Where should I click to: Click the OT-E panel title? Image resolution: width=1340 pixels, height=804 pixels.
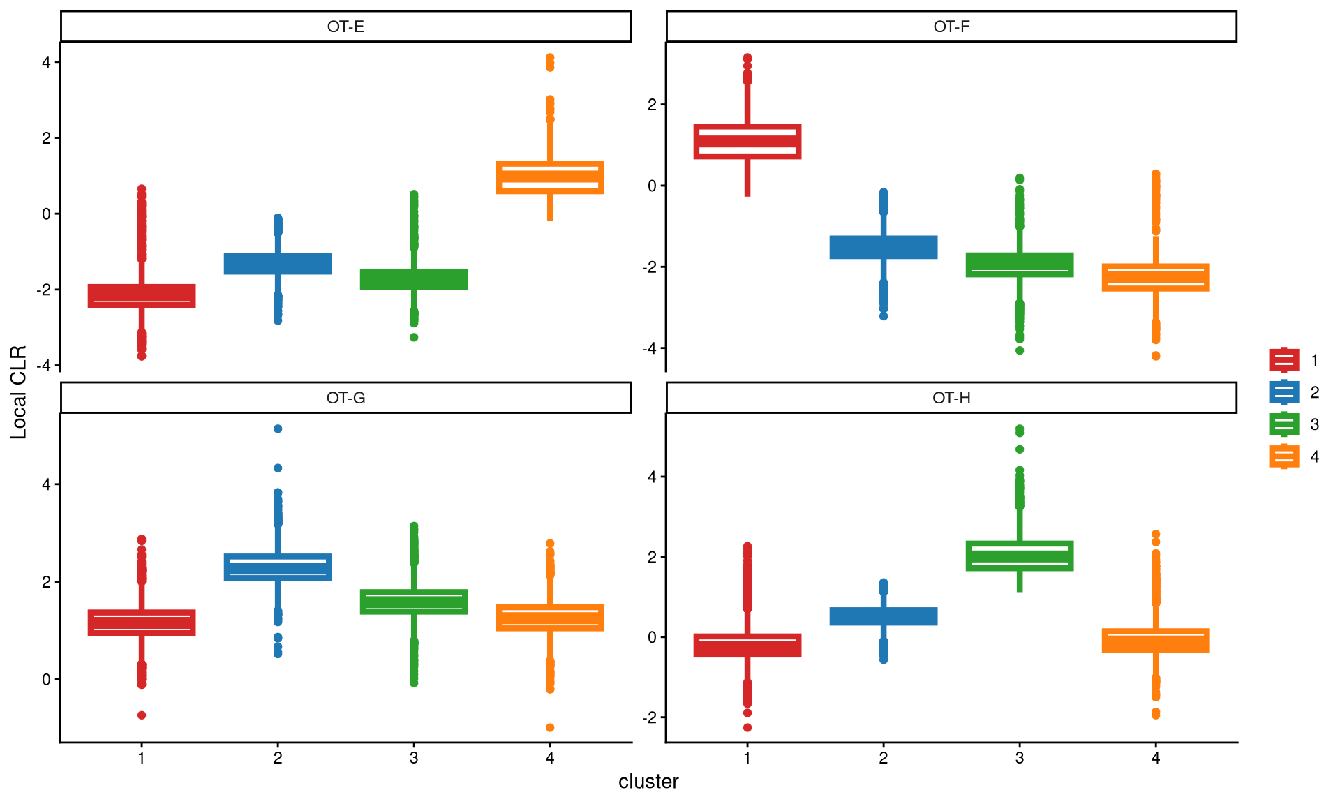[345, 27]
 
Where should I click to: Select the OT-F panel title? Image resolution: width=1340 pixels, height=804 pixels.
[951, 27]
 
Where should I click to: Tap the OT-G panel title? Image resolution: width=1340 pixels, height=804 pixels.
[345, 398]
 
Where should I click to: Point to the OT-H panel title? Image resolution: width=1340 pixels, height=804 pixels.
[951, 398]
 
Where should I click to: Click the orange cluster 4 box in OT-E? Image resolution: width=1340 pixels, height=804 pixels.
[550, 177]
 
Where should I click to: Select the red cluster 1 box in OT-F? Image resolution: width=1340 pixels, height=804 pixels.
[747, 141]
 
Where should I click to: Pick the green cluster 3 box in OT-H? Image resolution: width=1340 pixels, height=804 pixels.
[1020, 556]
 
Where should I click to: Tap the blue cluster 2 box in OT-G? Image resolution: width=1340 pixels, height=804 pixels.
[278, 567]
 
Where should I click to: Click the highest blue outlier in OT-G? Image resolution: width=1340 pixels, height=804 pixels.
[278, 429]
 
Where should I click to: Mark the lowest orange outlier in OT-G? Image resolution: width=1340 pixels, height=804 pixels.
[550, 727]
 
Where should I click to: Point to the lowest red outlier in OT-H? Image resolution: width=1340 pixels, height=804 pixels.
[747, 727]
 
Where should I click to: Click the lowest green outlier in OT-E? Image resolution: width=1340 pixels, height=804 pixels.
[414, 337]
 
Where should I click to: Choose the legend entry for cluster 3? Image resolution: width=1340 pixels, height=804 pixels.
[1284, 424]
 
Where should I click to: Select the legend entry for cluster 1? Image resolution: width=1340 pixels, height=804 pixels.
[1284, 360]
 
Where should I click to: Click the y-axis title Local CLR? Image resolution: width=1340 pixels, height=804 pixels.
[18, 392]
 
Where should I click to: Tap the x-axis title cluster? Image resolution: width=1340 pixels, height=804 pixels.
[648, 782]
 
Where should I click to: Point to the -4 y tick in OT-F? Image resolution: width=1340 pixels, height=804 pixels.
[652, 348]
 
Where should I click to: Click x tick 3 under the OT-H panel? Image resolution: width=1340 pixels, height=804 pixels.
[1020, 758]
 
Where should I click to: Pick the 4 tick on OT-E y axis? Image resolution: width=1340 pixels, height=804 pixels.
[47, 62]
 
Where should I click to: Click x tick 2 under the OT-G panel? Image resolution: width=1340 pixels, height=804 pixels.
[278, 758]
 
